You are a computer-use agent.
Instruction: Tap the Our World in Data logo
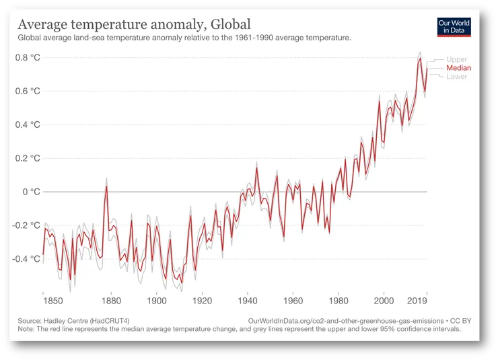click(x=454, y=27)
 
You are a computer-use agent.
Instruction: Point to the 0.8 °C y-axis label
click(x=28, y=58)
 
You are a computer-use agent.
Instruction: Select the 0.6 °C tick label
click(x=28, y=92)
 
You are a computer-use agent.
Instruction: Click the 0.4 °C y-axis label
click(x=28, y=125)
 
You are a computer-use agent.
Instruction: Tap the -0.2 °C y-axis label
click(x=26, y=225)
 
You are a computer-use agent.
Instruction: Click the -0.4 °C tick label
click(x=26, y=259)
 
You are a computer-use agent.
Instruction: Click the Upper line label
click(x=456, y=60)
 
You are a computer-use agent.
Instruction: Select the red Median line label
click(x=458, y=68)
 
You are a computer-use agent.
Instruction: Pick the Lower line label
click(x=456, y=76)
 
